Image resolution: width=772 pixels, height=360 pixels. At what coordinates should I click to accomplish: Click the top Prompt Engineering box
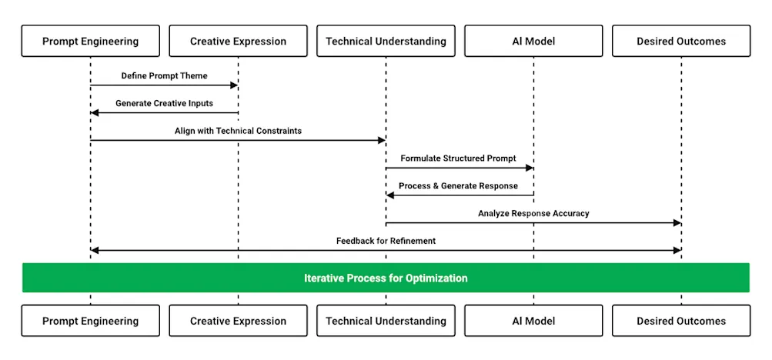(x=90, y=41)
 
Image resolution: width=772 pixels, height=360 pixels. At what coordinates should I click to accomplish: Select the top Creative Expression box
(x=238, y=41)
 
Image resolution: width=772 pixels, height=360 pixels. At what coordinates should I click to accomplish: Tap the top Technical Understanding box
(x=386, y=41)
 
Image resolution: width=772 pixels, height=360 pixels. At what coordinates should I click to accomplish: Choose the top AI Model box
(x=533, y=41)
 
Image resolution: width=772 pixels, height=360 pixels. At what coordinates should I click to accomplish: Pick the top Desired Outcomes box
(x=681, y=41)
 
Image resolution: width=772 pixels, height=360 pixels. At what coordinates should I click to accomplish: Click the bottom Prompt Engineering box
(x=90, y=321)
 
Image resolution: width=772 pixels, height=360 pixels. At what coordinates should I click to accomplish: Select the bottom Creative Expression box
(x=238, y=321)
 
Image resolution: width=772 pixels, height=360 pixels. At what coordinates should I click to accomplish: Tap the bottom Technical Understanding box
(x=386, y=321)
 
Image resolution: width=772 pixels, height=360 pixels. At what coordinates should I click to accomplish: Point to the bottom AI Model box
(x=533, y=321)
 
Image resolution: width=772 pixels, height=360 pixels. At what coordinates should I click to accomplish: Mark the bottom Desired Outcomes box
(x=681, y=321)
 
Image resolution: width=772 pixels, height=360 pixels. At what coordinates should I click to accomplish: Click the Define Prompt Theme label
(x=164, y=75)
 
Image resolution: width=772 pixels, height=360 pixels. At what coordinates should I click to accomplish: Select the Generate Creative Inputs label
(x=164, y=103)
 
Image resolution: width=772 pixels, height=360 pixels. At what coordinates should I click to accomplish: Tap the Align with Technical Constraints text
(x=238, y=131)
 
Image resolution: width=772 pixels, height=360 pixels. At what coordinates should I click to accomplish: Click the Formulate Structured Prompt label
(x=458, y=158)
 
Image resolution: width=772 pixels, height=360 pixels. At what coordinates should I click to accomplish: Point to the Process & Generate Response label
(x=458, y=186)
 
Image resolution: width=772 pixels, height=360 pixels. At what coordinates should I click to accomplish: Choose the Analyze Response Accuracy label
(x=533, y=213)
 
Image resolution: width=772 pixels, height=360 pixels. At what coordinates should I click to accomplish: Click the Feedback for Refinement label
(x=386, y=241)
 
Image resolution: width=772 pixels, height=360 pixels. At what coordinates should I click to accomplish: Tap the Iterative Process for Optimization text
(x=386, y=278)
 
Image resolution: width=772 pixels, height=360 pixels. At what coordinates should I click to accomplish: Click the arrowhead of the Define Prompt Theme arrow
(x=234, y=85)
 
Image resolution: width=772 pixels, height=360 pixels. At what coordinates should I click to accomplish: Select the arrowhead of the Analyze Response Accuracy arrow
(x=677, y=223)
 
